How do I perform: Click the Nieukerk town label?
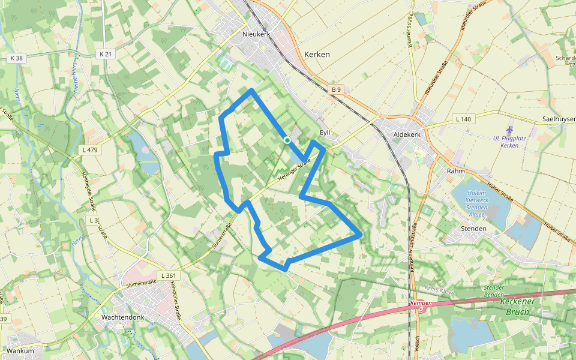(x=257, y=34)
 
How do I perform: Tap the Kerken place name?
(x=317, y=54)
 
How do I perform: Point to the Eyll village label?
(x=325, y=133)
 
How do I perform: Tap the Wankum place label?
(x=20, y=350)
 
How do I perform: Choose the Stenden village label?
(x=473, y=229)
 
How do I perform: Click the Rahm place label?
(x=456, y=171)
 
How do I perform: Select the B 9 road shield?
(x=335, y=89)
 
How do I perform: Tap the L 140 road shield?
(x=463, y=119)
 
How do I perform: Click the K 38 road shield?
(x=16, y=58)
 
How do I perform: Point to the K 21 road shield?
(x=105, y=54)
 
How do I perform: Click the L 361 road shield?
(x=170, y=275)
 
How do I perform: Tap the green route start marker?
(x=287, y=140)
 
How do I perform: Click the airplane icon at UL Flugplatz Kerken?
(x=510, y=129)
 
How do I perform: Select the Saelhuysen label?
(x=558, y=119)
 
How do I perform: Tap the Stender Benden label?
(x=494, y=292)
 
